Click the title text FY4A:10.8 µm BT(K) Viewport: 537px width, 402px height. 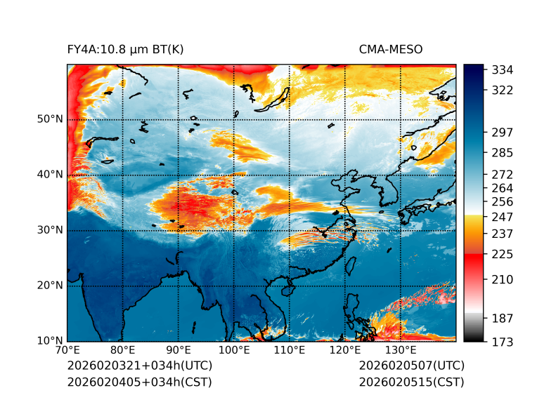coord(125,49)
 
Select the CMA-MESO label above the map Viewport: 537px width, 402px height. coord(390,49)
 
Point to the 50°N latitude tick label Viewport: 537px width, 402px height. coord(50,119)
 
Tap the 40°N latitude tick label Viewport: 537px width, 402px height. coord(50,175)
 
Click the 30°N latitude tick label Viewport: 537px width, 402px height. coord(50,230)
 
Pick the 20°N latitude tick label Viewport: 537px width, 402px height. coord(50,286)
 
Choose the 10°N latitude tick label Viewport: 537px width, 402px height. coord(50,341)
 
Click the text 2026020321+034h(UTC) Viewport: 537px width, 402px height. coord(139,366)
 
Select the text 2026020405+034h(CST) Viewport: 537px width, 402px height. coord(139,382)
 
